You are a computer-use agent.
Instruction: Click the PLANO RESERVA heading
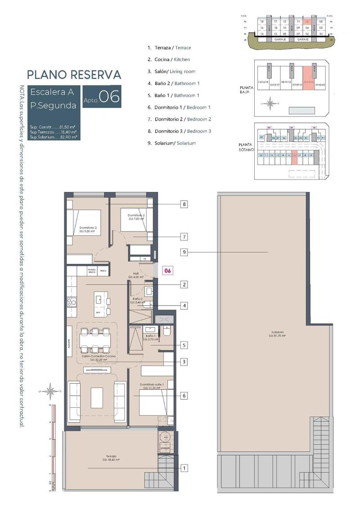(x=74, y=74)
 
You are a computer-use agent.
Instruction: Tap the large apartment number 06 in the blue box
(x=109, y=97)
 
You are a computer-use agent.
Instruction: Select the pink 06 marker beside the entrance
(x=167, y=271)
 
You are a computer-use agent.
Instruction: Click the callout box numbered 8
(x=184, y=204)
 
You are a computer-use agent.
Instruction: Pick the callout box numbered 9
(x=184, y=253)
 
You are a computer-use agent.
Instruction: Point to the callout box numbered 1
(x=184, y=468)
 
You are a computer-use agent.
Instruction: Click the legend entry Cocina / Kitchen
(x=169, y=59)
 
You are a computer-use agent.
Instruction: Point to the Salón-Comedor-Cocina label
(x=99, y=357)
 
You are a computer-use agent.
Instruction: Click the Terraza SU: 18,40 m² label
(x=111, y=457)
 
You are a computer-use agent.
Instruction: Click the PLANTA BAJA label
(x=247, y=90)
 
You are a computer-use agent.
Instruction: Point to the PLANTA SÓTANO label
(x=247, y=148)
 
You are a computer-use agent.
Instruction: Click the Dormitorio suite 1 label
(x=151, y=386)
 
